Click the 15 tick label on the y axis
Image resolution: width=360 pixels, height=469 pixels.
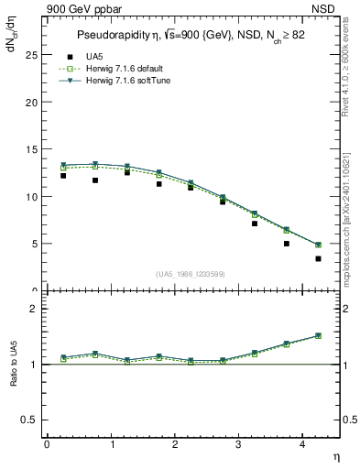click(x=32, y=149)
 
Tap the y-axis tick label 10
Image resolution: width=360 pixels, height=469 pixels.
click(x=32, y=196)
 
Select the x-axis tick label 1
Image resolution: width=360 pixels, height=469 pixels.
click(x=111, y=443)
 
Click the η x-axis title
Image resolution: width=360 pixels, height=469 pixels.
click(x=335, y=455)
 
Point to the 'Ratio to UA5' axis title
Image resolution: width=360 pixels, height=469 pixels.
click(x=13, y=378)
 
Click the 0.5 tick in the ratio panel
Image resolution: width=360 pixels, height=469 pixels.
click(x=31, y=420)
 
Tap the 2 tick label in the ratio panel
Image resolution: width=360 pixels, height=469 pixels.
click(x=35, y=309)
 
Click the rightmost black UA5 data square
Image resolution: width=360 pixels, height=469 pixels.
click(x=318, y=258)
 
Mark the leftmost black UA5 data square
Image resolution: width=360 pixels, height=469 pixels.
click(x=62, y=175)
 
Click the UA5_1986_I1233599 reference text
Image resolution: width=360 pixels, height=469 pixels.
click(x=191, y=275)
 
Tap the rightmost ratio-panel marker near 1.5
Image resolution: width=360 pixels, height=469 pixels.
click(x=318, y=335)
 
